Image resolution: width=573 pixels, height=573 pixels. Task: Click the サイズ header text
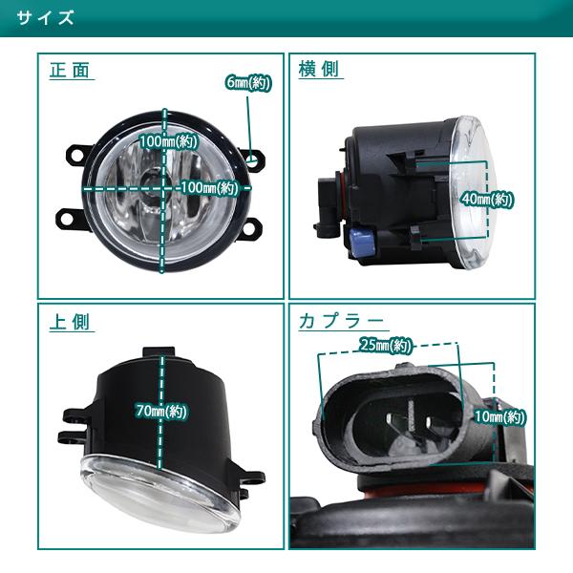pyautogui.click(x=45, y=17)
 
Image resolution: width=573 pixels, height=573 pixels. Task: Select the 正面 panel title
pyautogui.click(x=70, y=70)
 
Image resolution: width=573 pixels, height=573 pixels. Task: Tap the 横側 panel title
pyautogui.click(x=319, y=69)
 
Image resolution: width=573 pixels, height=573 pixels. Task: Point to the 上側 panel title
pyautogui.click(x=70, y=322)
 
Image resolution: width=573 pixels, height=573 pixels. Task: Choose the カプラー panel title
pyautogui.click(x=341, y=322)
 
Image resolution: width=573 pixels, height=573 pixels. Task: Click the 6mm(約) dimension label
pyautogui.click(x=248, y=83)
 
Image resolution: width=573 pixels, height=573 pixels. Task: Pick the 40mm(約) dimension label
pyautogui.click(x=487, y=200)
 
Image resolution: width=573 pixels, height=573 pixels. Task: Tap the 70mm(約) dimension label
pyautogui.click(x=161, y=411)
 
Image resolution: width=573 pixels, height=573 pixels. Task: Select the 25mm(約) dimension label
pyautogui.click(x=386, y=345)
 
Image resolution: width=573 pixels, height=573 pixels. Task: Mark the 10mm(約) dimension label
pyautogui.click(x=499, y=416)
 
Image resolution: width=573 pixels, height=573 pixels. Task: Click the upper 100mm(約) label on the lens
pyautogui.click(x=168, y=141)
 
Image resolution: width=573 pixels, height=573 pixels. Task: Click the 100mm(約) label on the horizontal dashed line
pyautogui.click(x=209, y=188)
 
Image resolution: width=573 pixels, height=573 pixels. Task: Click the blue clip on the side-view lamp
pyautogui.click(x=362, y=242)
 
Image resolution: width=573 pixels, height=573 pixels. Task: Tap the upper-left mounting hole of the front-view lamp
pyautogui.click(x=76, y=155)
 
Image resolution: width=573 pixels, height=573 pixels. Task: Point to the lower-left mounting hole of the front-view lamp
pyautogui.click(x=67, y=219)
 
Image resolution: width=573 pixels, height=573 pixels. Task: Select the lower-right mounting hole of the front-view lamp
pyautogui.click(x=249, y=229)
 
